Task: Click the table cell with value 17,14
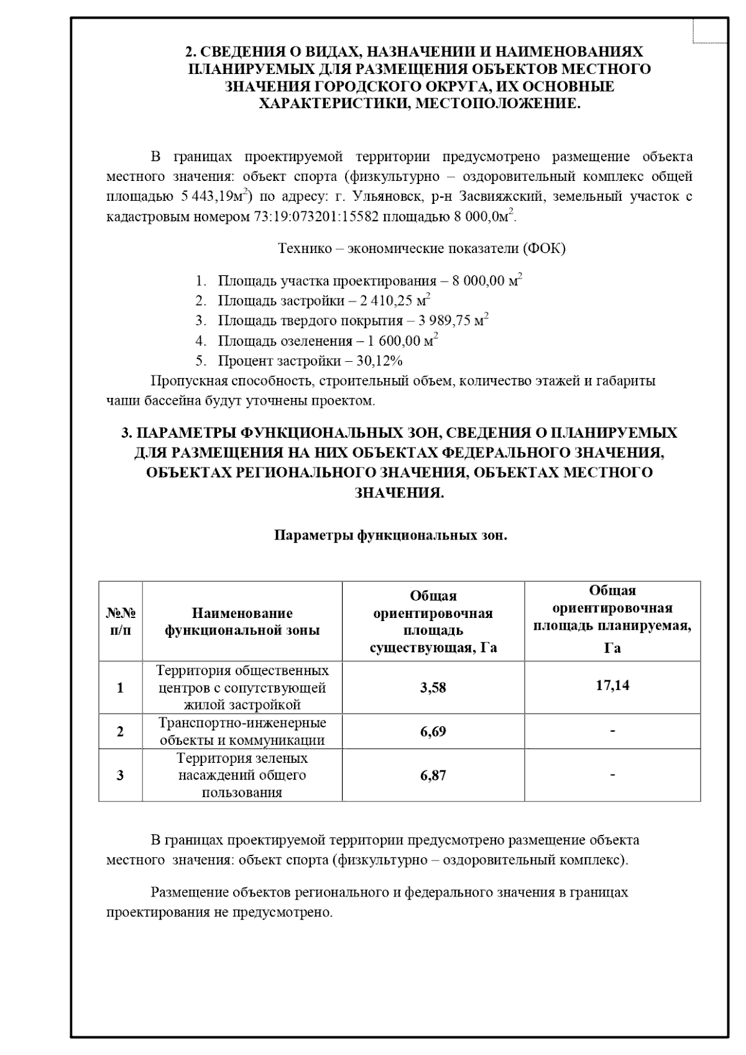pos(612,685)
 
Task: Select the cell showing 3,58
pos(433,688)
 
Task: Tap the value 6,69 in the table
pos(433,731)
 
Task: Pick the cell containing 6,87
pos(433,775)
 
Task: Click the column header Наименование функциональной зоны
pos(242,622)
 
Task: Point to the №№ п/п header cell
pos(120,622)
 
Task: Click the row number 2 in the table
pos(120,731)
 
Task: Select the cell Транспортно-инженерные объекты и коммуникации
pos(242,731)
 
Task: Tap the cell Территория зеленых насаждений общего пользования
pos(242,775)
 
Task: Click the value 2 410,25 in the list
pos(386,301)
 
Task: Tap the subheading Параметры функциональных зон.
pos(391,535)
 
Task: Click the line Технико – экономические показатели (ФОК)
pos(421,249)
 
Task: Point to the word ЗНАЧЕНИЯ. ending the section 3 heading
pos(399,493)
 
